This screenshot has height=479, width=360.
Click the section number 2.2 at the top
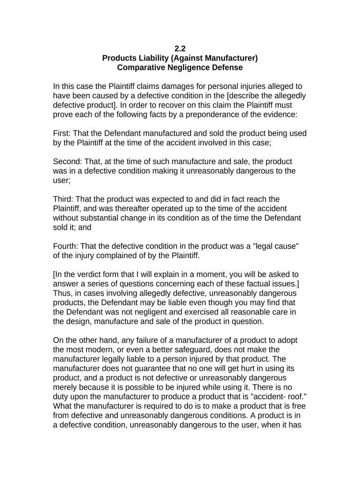(x=180, y=49)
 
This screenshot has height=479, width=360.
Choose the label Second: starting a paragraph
(x=68, y=161)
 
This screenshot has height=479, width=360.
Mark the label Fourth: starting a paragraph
(x=66, y=246)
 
